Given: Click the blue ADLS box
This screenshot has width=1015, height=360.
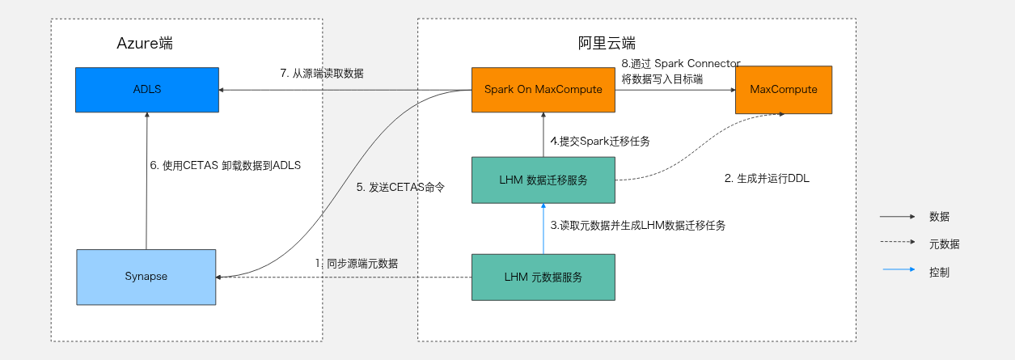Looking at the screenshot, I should tap(146, 89).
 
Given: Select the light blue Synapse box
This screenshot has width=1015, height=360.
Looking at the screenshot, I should tap(146, 277).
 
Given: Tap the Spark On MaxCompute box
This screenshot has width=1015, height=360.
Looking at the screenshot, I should tap(543, 89).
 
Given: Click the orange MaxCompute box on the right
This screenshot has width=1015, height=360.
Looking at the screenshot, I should tap(783, 89).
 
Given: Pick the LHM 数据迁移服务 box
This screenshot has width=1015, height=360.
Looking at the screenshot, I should tap(543, 180).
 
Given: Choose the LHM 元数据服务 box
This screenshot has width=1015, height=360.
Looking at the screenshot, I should tap(543, 277).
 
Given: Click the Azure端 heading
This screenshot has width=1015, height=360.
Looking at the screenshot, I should tap(145, 44).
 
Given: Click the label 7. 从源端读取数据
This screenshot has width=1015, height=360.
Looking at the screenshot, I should tap(321, 73).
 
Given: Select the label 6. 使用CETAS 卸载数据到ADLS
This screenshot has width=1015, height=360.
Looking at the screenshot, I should tap(226, 165).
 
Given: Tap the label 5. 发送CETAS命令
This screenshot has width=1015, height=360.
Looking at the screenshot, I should tap(401, 187).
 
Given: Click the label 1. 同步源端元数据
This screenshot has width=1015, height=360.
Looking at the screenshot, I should tap(356, 263).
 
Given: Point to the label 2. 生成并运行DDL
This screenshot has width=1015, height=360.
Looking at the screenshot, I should tap(766, 179).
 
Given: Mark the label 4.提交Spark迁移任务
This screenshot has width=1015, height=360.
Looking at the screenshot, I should tap(600, 141).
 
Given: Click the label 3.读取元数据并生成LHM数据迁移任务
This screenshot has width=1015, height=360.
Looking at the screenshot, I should tap(637, 226).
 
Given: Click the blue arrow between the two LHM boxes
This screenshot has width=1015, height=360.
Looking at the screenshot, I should tap(543, 228).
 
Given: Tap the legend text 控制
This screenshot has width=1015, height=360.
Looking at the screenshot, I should tap(939, 272).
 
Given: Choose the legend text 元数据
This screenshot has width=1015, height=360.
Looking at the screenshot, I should tap(945, 244).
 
